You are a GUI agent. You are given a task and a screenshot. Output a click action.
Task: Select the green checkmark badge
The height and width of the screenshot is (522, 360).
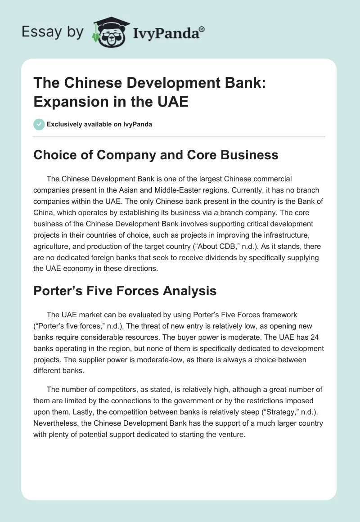point(39,124)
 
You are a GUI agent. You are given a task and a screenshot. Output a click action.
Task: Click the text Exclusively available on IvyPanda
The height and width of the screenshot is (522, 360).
point(99,124)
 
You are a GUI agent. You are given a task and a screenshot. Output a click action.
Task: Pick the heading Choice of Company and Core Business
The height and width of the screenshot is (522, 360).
point(156,155)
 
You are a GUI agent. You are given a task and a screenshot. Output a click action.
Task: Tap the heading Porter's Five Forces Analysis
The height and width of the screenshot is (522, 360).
point(125,291)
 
